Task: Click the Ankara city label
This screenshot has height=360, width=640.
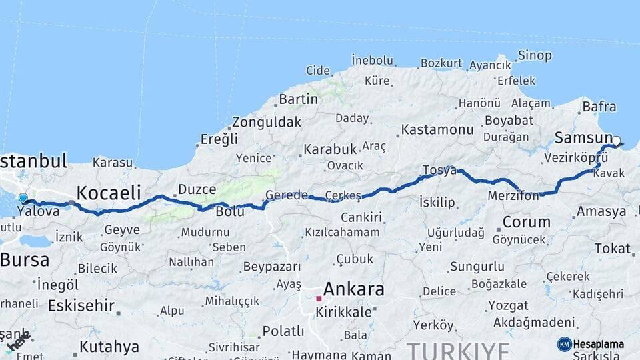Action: coord(353,289)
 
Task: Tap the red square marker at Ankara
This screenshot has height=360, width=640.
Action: coord(319,298)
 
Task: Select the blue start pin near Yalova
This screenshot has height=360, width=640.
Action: coord(23,199)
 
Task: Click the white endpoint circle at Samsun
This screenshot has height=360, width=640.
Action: coord(616,141)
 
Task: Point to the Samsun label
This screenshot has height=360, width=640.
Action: coord(583,138)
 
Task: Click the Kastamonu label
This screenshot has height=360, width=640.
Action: coord(437,129)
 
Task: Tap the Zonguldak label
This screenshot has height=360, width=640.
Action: coord(267,123)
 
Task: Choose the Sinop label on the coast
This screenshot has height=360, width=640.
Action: coord(535,55)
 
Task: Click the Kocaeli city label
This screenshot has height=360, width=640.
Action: coord(109,193)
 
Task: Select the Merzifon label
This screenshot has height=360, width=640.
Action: coord(513,197)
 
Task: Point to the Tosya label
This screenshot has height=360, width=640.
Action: coord(439,171)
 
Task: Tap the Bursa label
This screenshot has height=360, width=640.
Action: coord(25,259)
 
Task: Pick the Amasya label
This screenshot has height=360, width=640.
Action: coord(601,211)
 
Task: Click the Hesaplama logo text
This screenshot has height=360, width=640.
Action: coord(599,344)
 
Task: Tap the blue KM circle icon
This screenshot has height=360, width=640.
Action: coord(564,344)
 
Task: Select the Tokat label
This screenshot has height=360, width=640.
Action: coord(612,248)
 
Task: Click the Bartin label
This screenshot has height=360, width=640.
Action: coord(298,99)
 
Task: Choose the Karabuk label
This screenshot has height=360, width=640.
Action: coord(330,148)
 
